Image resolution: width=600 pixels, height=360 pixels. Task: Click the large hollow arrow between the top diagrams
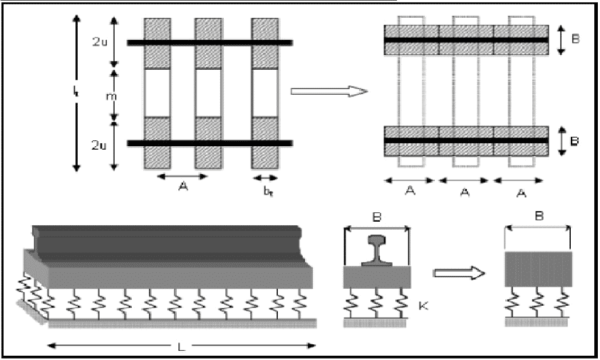(x=328, y=91)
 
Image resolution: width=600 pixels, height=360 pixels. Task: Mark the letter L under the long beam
(x=182, y=346)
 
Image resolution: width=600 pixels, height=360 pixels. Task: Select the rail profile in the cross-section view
(x=377, y=250)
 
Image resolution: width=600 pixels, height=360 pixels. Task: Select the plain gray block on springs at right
(x=537, y=269)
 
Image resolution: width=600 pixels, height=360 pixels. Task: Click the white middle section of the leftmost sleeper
(x=157, y=92)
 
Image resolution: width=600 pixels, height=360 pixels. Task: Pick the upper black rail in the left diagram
(x=210, y=43)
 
